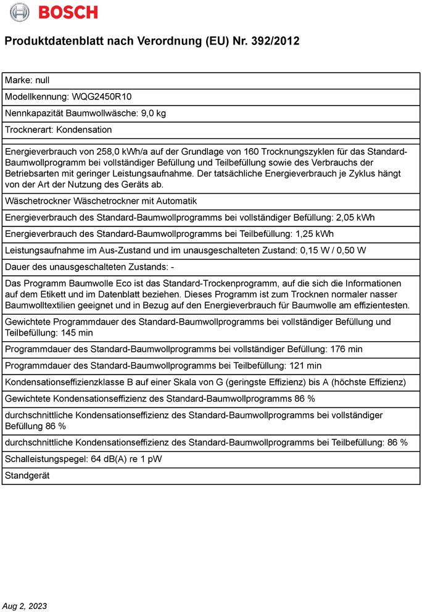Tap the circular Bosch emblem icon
[20, 12]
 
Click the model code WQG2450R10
[102, 97]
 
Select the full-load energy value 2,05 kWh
[356, 218]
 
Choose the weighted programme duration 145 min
[77, 333]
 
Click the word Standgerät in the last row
[27, 476]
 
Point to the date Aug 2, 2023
[25, 606]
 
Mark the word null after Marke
[42, 80]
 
